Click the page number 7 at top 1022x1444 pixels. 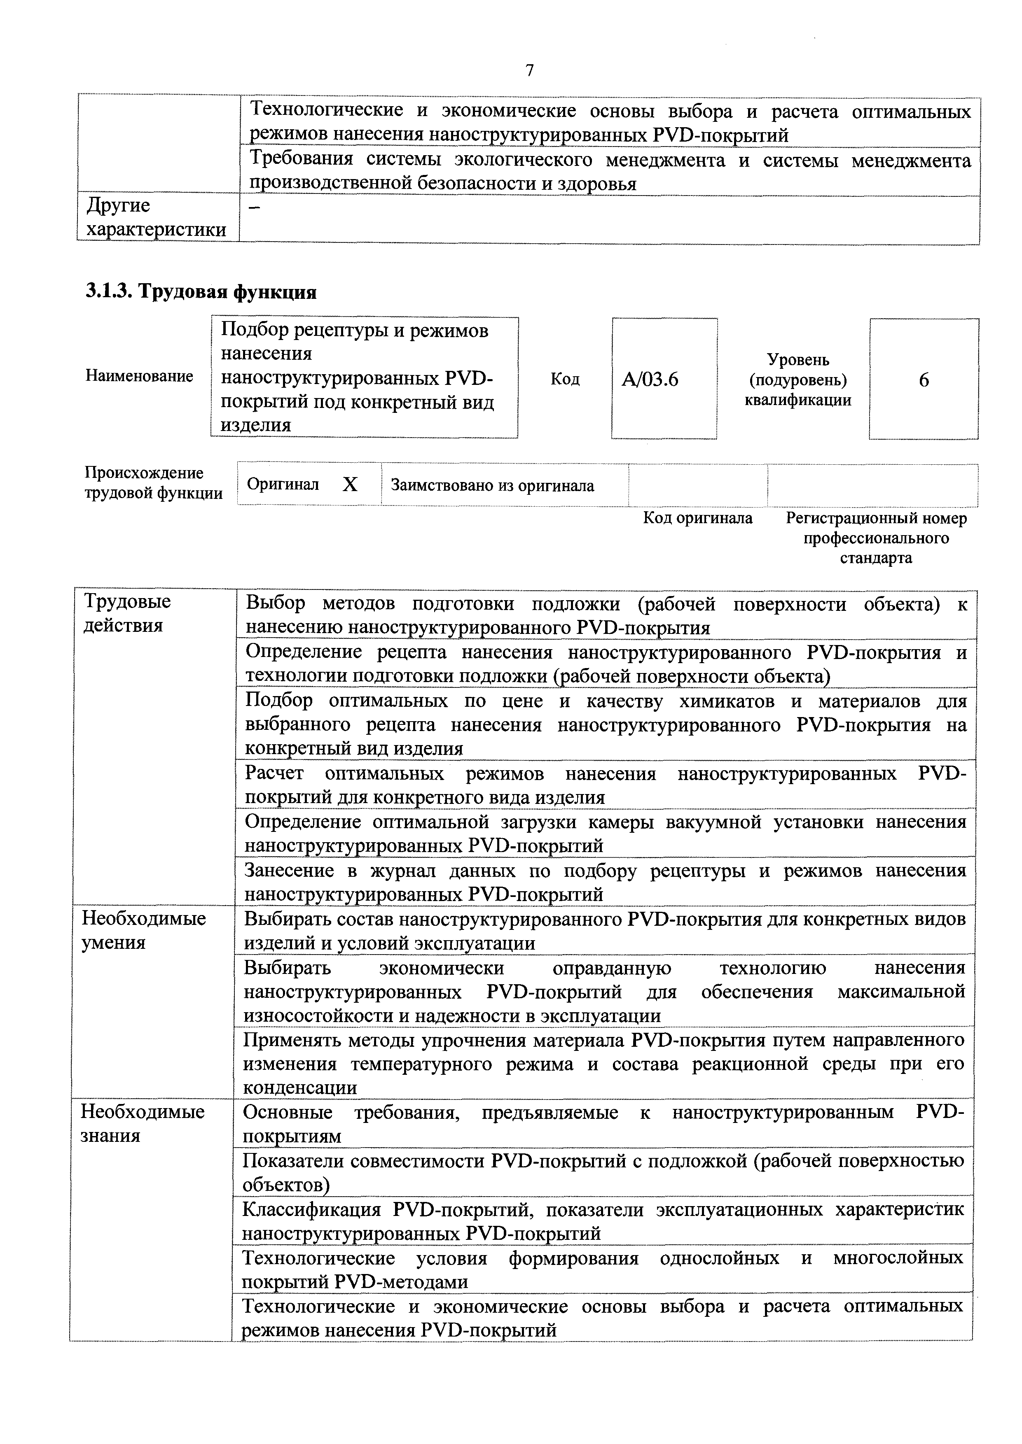click(529, 70)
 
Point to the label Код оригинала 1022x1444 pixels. click(697, 518)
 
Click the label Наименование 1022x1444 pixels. click(139, 376)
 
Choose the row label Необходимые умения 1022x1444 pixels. click(144, 930)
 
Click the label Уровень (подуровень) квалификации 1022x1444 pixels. click(798, 380)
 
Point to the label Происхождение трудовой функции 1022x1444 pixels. click(154, 482)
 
